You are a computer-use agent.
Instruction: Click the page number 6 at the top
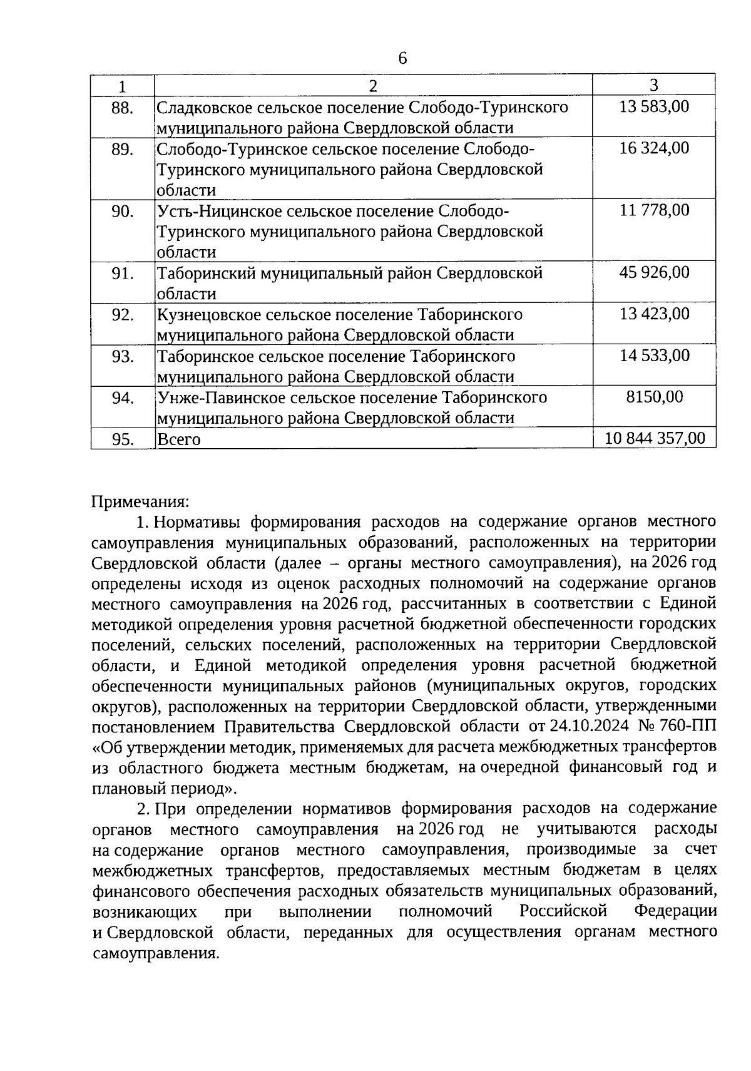pos(402,59)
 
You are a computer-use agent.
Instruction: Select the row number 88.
pos(123,108)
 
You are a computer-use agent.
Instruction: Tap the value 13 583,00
pos(654,106)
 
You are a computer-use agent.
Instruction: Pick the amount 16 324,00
pos(654,148)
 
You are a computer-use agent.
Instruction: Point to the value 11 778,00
pos(654,210)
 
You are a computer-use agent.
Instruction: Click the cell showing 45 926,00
pos(654,272)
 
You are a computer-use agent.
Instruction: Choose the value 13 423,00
pos(654,314)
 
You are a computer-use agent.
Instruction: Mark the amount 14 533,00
pos(654,356)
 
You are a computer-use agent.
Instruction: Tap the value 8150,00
pos(655,397)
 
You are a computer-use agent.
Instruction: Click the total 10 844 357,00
pos(655,438)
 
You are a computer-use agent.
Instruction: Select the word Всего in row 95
pos(179,439)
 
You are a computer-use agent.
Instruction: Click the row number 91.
pos(123,274)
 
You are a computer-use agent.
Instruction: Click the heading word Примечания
pos(140,502)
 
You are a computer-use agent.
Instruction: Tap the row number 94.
pos(123,398)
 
